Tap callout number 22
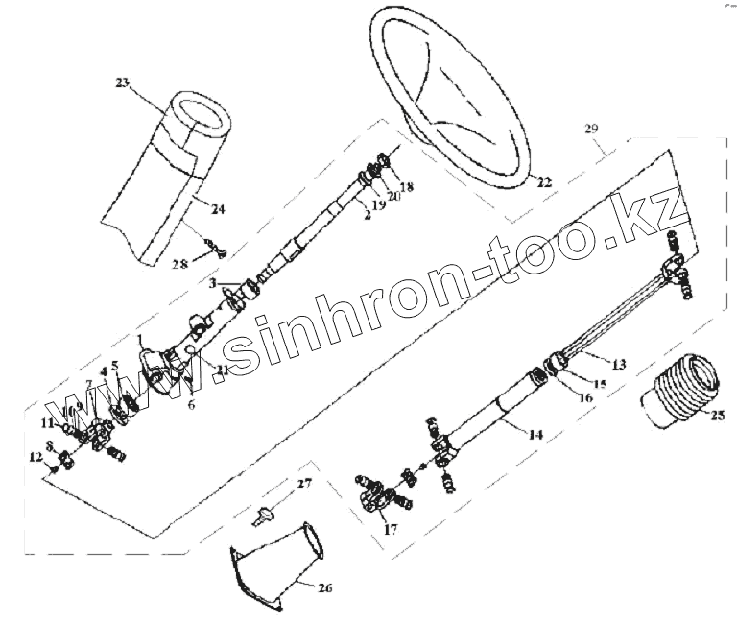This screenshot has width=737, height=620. [x=544, y=181]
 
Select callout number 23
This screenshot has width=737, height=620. [x=121, y=83]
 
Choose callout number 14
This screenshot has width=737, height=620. [x=535, y=434]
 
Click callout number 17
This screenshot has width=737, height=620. [x=389, y=527]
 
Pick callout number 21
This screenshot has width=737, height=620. [x=222, y=369]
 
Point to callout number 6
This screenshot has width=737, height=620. [x=191, y=406]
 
